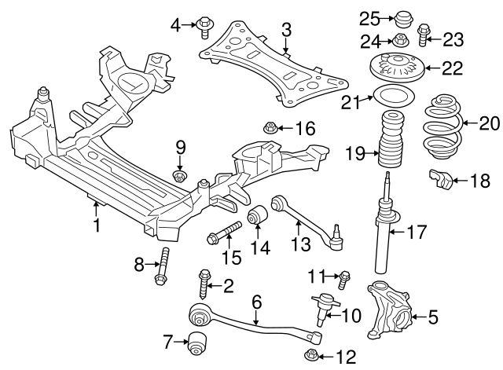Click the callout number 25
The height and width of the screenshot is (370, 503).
[x=369, y=17]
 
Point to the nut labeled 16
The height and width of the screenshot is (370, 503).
[x=270, y=127]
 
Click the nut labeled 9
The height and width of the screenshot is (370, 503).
[x=180, y=175]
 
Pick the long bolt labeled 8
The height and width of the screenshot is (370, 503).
[x=163, y=265]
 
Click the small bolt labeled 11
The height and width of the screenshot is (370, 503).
[x=344, y=277]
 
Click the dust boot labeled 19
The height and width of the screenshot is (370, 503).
[x=391, y=142]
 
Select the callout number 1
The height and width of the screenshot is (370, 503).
[x=97, y=226]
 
